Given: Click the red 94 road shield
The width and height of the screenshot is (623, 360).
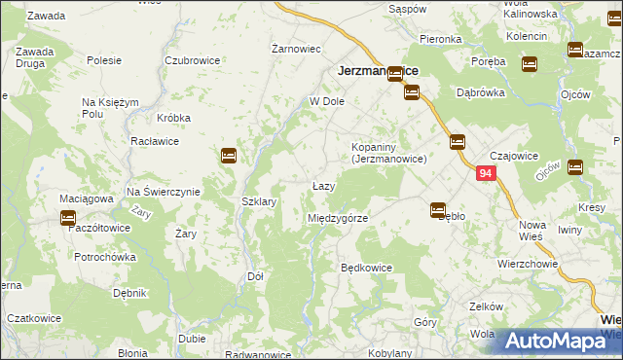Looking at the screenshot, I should pos(488,174).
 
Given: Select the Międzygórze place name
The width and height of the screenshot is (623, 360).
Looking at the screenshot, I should pos(338,218).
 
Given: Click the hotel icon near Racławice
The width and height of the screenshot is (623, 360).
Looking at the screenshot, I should pos(229,155).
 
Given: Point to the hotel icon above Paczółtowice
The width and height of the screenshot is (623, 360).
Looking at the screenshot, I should pos(68,219).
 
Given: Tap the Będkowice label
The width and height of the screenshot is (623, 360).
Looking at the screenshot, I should pos(366,267).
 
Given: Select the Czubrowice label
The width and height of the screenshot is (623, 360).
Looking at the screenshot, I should pos(192,59).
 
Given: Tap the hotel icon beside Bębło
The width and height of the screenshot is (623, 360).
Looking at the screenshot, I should pos(438,209).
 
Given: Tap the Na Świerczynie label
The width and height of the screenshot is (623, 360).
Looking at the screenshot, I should pos(164,192).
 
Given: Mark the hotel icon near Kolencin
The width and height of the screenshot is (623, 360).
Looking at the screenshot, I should pos(530,64).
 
